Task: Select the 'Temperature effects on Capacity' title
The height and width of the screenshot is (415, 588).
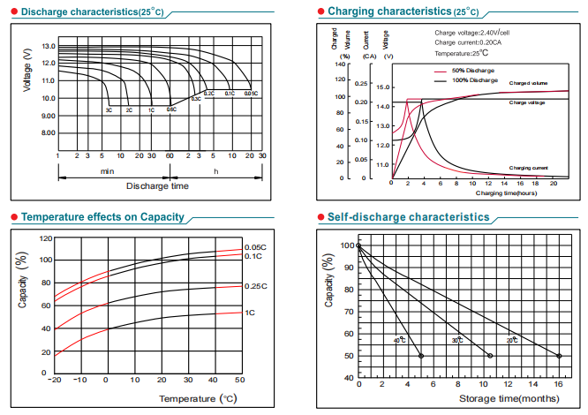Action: (102, 217)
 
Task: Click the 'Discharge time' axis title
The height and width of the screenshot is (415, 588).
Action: (157, 185)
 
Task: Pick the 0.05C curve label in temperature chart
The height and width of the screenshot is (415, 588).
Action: (255, 247)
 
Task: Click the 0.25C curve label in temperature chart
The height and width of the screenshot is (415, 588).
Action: (255, 286)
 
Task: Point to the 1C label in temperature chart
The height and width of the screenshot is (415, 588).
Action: (250, 313)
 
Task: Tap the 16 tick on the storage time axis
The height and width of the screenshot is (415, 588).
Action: (559, 385)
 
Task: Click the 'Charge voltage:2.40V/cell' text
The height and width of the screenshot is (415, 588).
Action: (471, 33)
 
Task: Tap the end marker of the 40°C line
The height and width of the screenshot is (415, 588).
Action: (420, 356)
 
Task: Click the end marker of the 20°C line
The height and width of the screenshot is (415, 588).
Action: (559, 356)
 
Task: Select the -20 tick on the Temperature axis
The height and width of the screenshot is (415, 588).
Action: (56, 381)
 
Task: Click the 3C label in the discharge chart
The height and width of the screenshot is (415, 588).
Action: (109, 109)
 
